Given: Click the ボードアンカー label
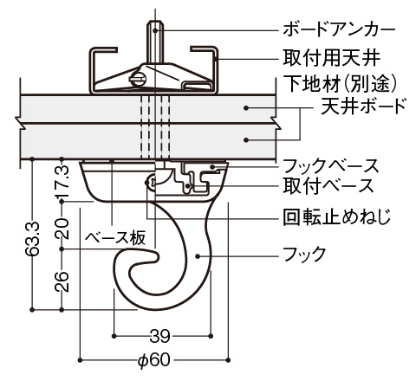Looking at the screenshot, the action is [x=339, y=29].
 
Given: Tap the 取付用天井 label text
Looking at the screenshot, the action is [x=331, y=59].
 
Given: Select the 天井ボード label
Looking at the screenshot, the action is [x=364, y=106].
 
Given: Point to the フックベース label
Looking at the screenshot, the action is [x=330, y=166].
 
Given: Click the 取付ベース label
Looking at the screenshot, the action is [x=328, y=185].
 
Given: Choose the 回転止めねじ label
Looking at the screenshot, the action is [x=337, y=216].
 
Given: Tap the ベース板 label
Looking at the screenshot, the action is [x=115, y=238].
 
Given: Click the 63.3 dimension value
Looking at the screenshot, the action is [x=32, y=239].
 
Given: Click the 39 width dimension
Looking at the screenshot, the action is [x=160, y=336].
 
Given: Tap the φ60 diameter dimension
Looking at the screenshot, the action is [x=154, y=360].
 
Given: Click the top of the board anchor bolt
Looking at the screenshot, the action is [x=155, y=22].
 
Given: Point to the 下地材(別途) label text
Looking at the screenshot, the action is [x=340, y=83].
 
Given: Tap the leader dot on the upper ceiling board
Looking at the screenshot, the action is [x=246, y=108].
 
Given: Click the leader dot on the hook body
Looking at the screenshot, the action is [x=198, y=256].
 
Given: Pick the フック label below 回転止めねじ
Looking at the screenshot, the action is [x=304, y=254].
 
